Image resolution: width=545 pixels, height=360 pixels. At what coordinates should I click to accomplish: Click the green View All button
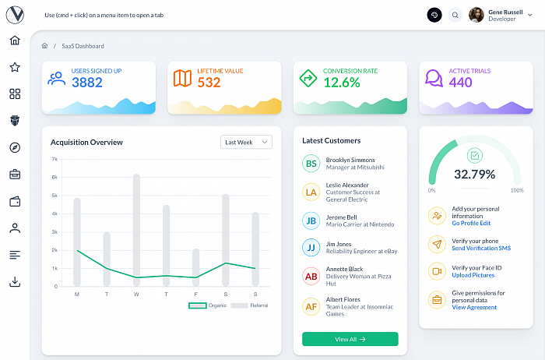click(x=350, y=339)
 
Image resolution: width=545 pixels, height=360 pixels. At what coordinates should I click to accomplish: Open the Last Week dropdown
click(x=246, y=143)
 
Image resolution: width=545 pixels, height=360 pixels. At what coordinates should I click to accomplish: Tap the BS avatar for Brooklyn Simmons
click(x=311, y=164)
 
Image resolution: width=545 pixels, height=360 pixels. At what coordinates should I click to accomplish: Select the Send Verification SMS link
click(x=481, y=248)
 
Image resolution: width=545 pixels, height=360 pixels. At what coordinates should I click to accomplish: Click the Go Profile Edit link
click(x=471, y=223)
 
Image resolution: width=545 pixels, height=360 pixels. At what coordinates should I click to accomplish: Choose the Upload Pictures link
click(x=473, y=275)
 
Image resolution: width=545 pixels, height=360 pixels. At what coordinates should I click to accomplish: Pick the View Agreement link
click(x=474, y=307)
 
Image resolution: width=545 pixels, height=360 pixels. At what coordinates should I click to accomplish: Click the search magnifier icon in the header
click(x=455, y=15)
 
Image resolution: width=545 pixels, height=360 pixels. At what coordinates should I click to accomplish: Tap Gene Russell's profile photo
click(x=476, y=15)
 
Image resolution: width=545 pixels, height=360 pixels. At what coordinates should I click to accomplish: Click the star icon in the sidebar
click(x=15, y=67)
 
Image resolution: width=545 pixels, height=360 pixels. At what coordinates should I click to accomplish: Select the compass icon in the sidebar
click(x=15, y=147)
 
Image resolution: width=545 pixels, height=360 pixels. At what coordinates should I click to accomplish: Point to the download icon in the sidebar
click(x=15, y=281)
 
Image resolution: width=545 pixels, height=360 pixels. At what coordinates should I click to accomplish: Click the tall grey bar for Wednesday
click(x=136, y=230)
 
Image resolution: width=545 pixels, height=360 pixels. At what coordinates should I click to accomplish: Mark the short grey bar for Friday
click(x=196, y=267)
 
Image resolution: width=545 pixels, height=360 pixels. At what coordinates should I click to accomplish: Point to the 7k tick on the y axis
click(x=54, y=159)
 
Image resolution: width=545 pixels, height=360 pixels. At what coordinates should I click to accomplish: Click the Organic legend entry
click(x=208, y=305)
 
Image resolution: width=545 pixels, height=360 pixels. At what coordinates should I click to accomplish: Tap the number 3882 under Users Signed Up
click(x=87, y=83)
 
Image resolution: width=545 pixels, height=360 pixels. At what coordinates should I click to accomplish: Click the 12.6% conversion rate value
click(x=342, y=83)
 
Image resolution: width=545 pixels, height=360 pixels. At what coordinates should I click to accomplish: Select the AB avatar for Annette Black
click(x=311, y=276)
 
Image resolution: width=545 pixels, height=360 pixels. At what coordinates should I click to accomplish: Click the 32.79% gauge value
click(x=474, y=175)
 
